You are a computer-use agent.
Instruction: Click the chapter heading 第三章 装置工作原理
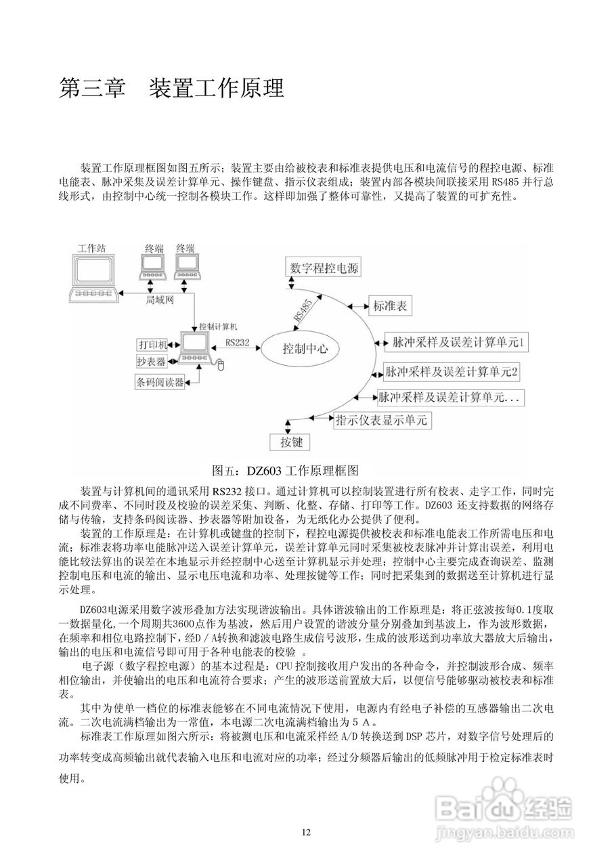tap(172, 88)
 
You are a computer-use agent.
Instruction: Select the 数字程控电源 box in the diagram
tap(324, 268)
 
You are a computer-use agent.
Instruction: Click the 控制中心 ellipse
tap(305, 349)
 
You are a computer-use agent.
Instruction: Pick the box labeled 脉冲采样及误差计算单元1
tap(455, 343)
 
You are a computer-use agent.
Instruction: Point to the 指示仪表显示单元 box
tap(383, 420)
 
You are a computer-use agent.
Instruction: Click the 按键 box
tap(286, 444)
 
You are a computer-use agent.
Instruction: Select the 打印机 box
tap(152, 344)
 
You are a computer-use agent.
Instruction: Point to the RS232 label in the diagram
tap(238, 343)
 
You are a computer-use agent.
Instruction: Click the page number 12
tap(306, 832)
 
